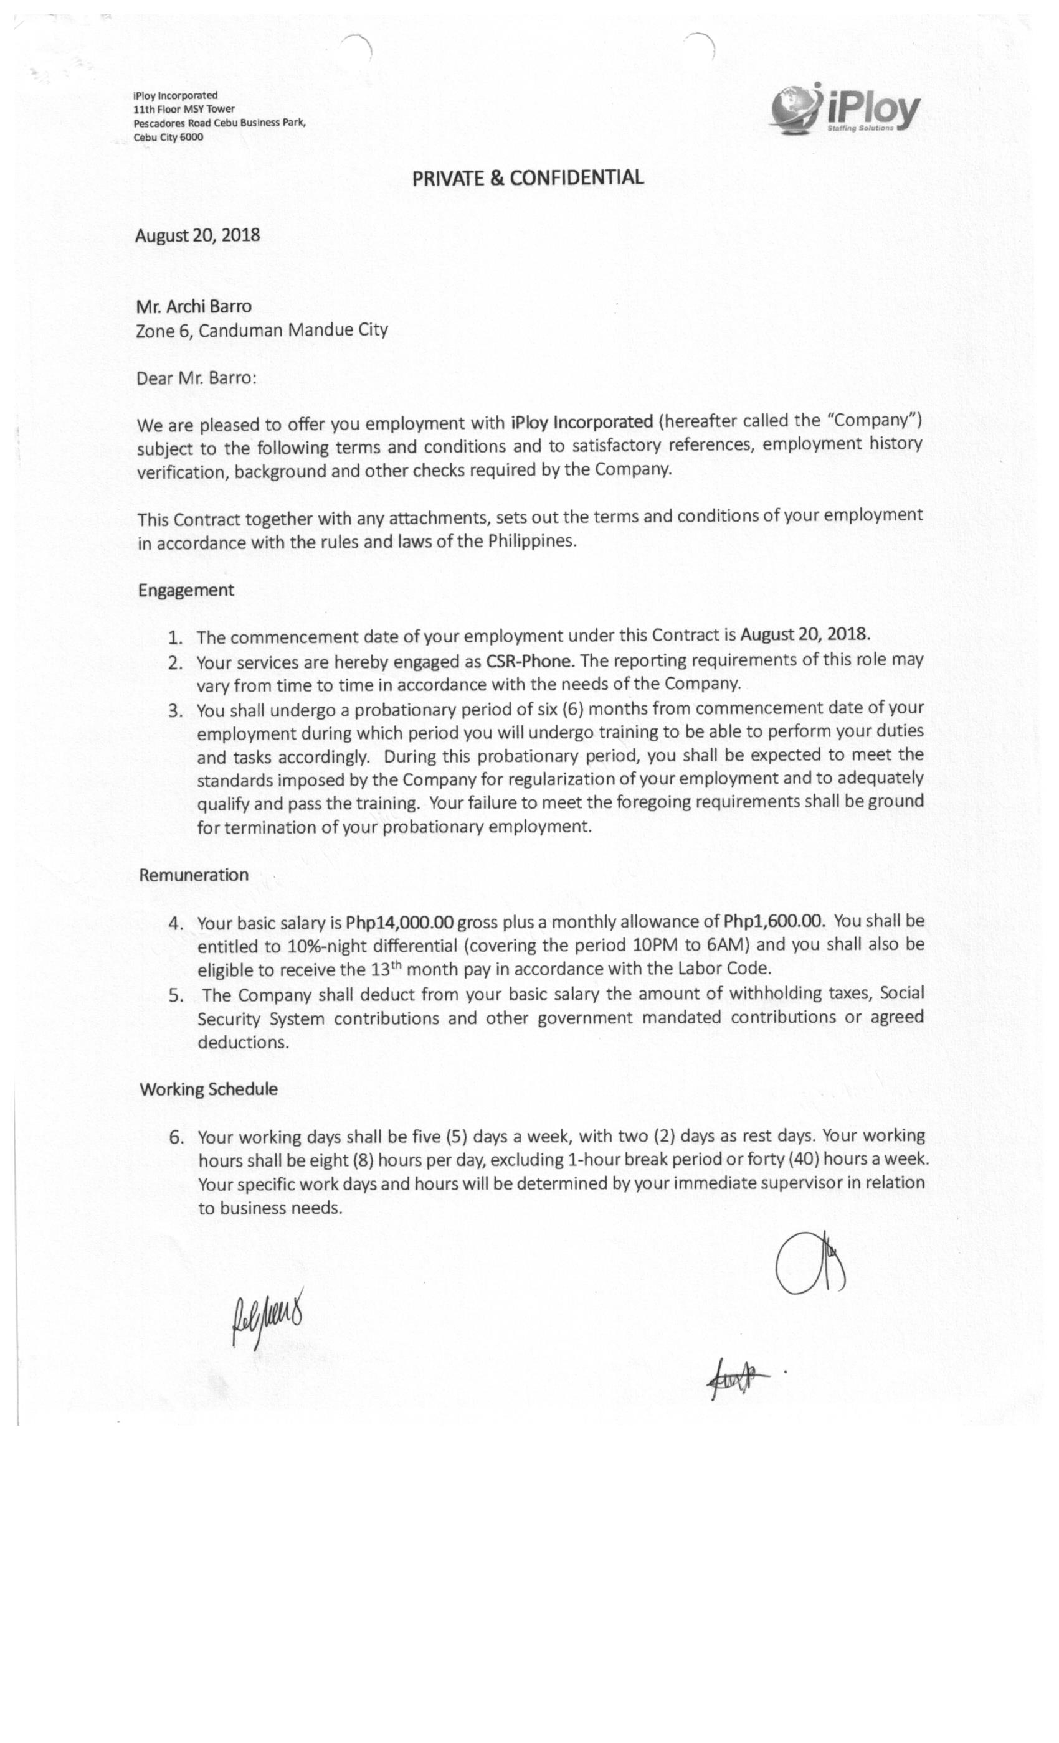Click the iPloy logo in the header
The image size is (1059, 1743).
pyautogui.click(x=845, y=110)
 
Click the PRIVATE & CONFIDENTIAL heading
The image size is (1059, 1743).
pyautogui.click(x=528, y=177)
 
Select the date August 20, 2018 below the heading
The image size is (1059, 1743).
pyautogui.click(x=197, y=235)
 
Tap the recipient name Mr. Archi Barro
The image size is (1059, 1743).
pyautogui.click(x=193, y=306)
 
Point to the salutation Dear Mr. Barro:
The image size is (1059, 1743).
pyautogui.click(x=196, y=378)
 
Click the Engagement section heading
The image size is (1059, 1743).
pyautogui.click(x=186, y=591)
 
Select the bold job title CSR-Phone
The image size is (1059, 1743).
pyautogui.click(x=528, y=660)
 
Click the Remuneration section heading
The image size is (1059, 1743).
pyautogui.click(x=193, y=875)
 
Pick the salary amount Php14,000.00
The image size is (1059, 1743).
pyautogui.click(x=399, y=923)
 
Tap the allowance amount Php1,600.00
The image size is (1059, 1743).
pyautogui.click(x=774, y=921)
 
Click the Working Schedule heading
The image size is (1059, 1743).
pyautogui.click(x=208, y=1089)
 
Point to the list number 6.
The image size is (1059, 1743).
pyautogui.click(x=176, y=1137)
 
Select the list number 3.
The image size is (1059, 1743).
pyautogui.click(x=176, y=710)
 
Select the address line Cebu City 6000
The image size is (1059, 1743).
pyautogui.click(x=168, y=137)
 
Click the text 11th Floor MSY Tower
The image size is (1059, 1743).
pyautogui.click(x=184, y=110)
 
